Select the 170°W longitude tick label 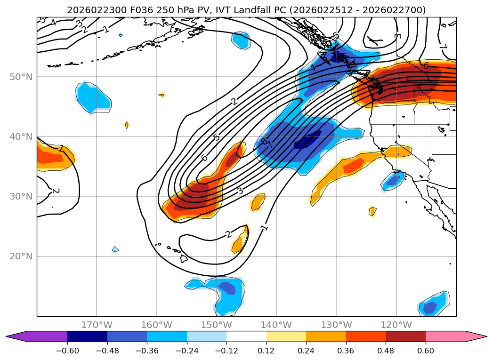pyautogui.click(x=97, y=325)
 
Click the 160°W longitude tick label pyautogui.click(x=156, y=325)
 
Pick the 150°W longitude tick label pyautogui.click(x=216, y=325)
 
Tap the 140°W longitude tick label pyautogui.click(x=276, y=325)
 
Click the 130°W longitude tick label pyautogui.click(x=336, y=325)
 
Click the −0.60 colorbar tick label pyautogui.click(x=67, y=351)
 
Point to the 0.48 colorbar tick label pyautogui.click(x=386, y=351)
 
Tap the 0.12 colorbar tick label pyautogui.click(x=267, y=351)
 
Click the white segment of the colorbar pyautogui.click(x=246, y=336)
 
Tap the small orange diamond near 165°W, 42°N pyautogui.click(x=127, y=125)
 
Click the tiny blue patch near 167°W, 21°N pyautogui.click(x=115, y=249)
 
